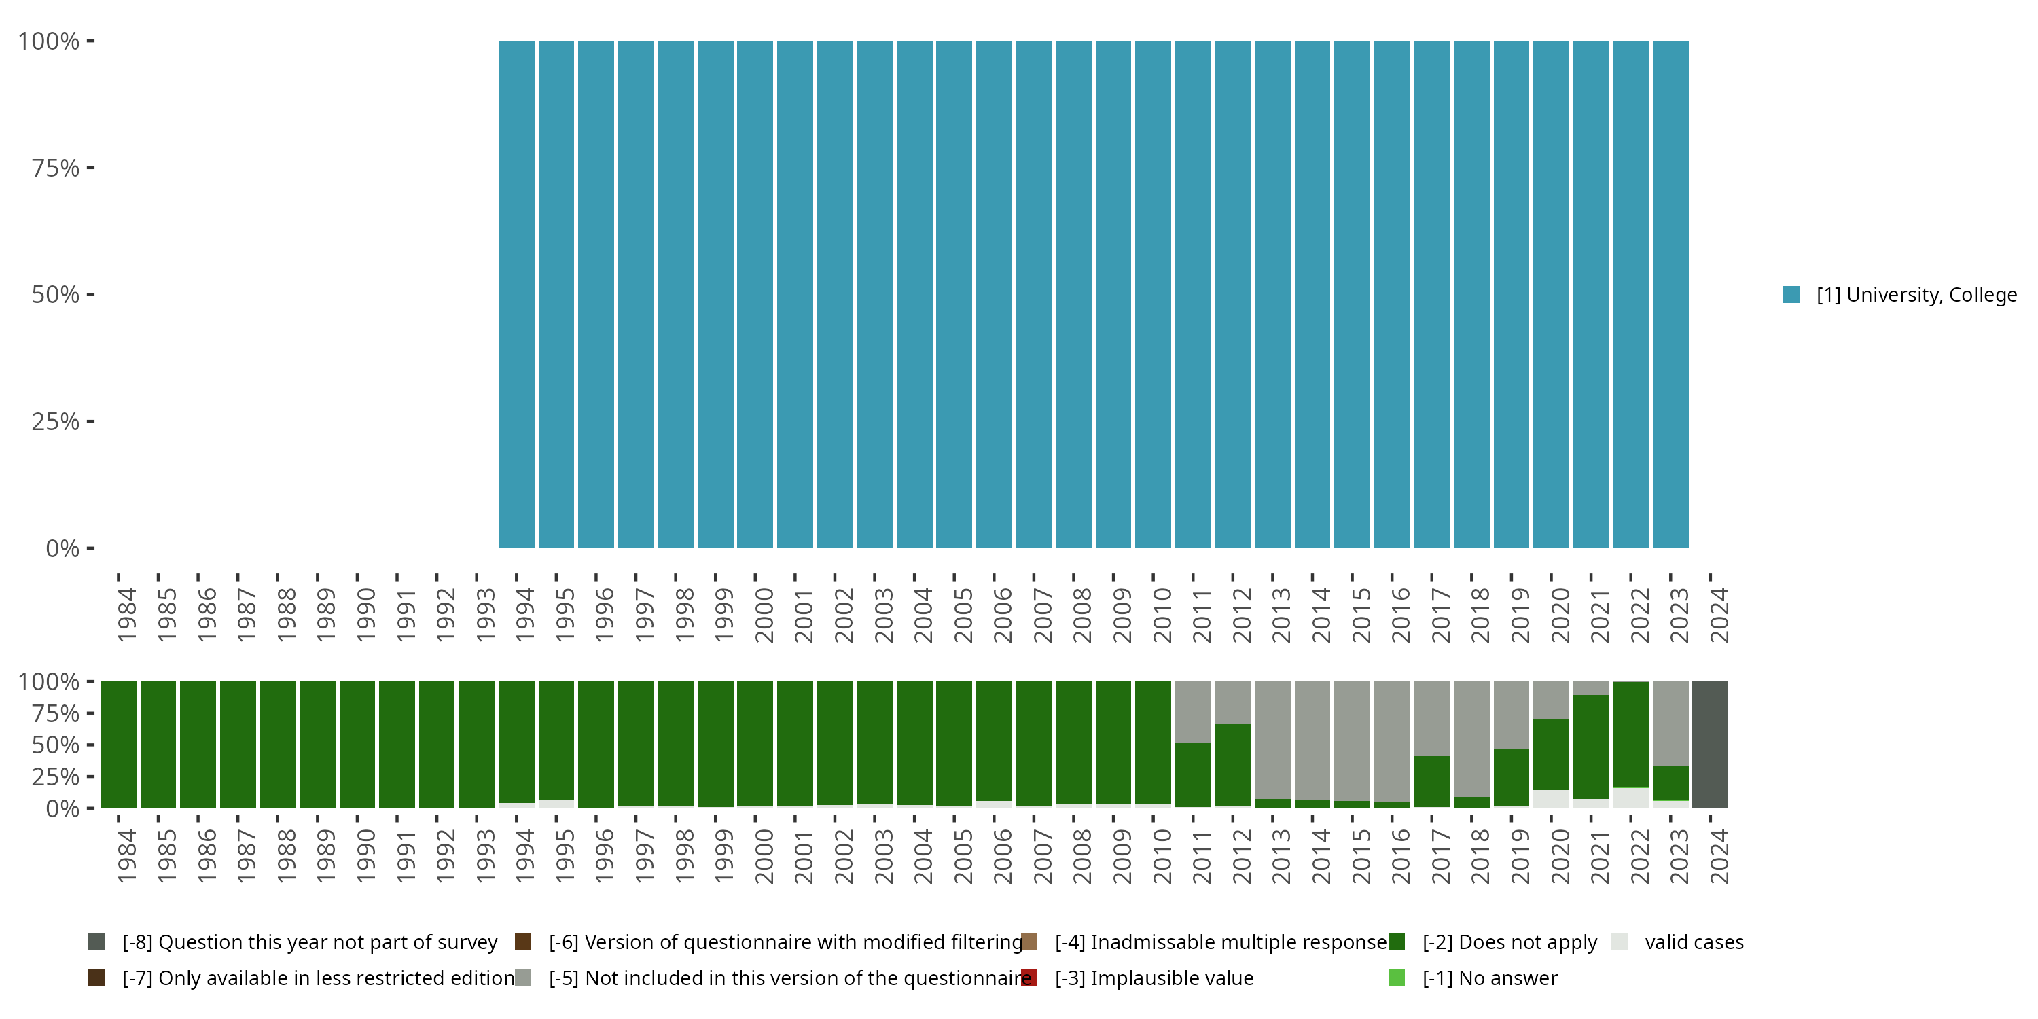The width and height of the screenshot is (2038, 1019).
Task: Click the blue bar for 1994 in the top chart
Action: pyautogui.click(x=516, y=294)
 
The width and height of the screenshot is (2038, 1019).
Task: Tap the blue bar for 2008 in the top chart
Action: pyautogui.click(x=1073, y=294)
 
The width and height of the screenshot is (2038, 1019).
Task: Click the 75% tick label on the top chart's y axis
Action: pyautogui.click(x=56, y=168)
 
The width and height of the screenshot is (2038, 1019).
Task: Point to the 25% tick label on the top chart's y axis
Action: pyautogui.click(x=56, y=422)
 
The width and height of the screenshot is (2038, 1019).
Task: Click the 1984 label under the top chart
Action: pyautogui.click(x=126, y=615)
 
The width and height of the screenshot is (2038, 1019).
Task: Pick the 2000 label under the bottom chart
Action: pyautogui.click(x=764, y=857)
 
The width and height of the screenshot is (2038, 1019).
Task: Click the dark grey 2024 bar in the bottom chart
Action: pyautogui.click(x=1710, y=745)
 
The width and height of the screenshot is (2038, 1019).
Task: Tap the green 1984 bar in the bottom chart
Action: pyautogui.click(x=119, y=745)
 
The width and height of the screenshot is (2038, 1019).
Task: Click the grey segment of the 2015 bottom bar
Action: pyautogui.click(x=1352, y=740)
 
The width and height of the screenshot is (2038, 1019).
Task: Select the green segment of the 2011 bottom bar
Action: pyautogui.click(x=1193, y=774)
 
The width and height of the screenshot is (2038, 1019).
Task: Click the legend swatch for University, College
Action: pyautogui.click(x=1791, y=295)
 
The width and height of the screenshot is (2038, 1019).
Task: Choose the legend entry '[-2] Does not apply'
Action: pyautogui.click(x=1509, y=942)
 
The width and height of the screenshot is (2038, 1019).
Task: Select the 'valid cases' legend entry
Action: pyautogui.click(x=1693, y=942)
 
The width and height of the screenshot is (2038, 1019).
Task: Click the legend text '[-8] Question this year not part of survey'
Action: pyautogui.click(x=309, y=942)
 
